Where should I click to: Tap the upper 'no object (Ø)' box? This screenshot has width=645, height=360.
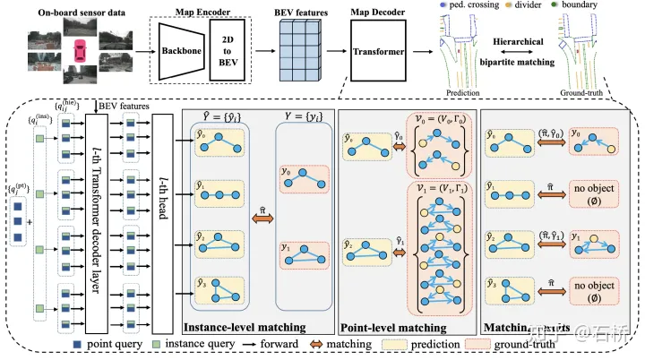593,192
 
